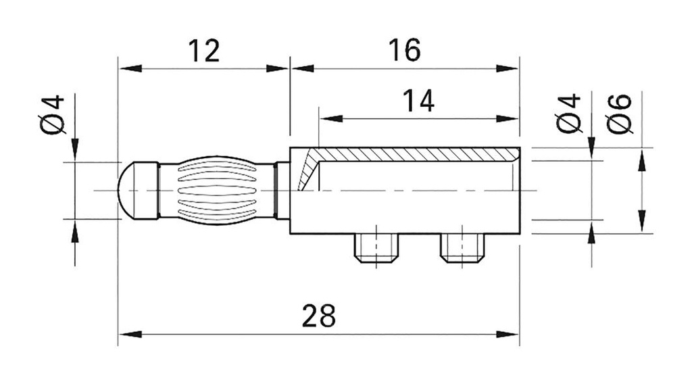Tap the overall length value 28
pos(318,316)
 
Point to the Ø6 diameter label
pos(620,113)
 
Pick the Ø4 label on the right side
pos(568,113)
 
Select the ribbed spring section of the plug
pos(216,190)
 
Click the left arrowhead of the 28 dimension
pos(128,334)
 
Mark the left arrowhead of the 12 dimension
pos(128,68)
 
